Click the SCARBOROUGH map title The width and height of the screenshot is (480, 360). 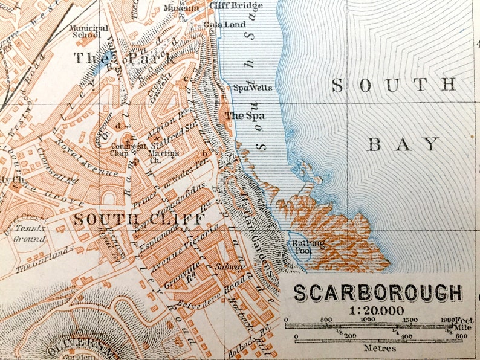pyautogui.click(x=378, y=293)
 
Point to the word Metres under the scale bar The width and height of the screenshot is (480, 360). pyautogui.click(x=380, y=347)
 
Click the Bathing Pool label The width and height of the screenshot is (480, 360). pyautogui.click(x=308, y=246)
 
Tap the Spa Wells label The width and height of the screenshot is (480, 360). pyautogui.click(x=253, y=88)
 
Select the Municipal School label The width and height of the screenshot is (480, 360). pyautogui.click(x=88, y=31)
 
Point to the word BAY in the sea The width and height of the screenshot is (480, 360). pyautogui.click(x=404, y=144)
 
